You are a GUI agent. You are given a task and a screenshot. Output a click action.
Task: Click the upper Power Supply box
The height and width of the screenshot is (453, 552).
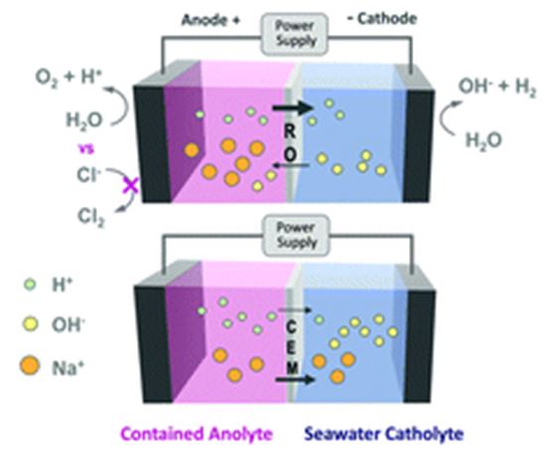(294, 34)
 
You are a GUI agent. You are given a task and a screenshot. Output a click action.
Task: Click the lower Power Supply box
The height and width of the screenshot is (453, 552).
(296, 235)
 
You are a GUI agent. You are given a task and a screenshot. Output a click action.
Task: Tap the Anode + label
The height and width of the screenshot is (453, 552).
(210, 20)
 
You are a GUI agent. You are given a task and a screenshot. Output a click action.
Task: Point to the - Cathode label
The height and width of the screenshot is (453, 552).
(381, 19)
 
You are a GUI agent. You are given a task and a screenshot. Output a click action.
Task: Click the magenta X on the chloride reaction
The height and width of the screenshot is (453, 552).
(131, 184)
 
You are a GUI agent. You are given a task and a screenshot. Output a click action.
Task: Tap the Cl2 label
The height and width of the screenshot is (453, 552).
(90, 217)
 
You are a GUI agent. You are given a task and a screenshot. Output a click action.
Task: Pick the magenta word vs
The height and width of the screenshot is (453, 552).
(86, 149)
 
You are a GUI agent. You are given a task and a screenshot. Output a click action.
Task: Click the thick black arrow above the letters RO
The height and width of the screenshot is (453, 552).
(293, 107)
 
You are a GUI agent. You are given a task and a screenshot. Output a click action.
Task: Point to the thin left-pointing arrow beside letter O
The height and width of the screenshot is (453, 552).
(292, 165)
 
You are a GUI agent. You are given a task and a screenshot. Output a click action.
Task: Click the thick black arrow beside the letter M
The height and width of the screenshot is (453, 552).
(295, 379)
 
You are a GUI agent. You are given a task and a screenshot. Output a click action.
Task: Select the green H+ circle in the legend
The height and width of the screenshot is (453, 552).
(30, 284)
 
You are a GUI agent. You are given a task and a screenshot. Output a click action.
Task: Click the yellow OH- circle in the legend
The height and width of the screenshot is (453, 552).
(30, 325)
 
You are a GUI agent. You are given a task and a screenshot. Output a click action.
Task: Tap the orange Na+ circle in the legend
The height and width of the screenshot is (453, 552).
(30, 366)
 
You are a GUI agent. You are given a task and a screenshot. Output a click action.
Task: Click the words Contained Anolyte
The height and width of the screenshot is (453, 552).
(197, 434)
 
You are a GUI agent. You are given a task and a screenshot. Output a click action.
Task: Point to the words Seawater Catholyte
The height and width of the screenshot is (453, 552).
(384, 434)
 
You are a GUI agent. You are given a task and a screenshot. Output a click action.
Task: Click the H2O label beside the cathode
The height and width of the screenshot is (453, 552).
(483, 140)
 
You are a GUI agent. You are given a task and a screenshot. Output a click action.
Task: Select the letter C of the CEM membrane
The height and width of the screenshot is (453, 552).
(291, 328)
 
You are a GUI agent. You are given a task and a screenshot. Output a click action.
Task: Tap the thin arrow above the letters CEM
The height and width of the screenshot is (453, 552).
(295, 310)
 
